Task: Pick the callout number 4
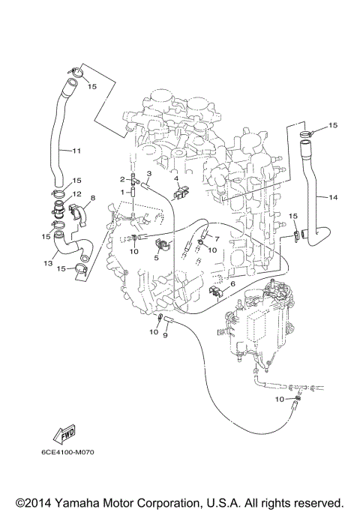[x=175, y=178]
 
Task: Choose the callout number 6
[x=232, y=284]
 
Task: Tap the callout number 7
[x=216, y=238]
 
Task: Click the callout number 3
[x=148, y=174]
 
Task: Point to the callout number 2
[x=121, y=179]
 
